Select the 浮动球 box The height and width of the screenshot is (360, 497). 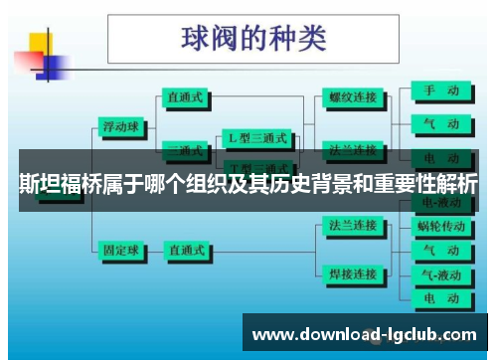(121, 127)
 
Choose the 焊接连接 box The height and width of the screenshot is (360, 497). (352, 273)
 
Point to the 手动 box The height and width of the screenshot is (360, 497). (439, 90)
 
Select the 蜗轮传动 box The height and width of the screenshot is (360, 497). (439, 227)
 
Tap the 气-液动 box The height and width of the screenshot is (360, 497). (439, 273)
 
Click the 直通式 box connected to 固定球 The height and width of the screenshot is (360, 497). (187, 249)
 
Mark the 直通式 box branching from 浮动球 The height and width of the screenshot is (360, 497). (187, 98)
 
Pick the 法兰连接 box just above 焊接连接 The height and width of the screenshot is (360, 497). (352, 226)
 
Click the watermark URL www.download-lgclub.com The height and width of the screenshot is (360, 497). (366, 335)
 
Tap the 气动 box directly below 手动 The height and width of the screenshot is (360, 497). (439, 124)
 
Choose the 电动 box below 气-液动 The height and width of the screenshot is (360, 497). (439, 297)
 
